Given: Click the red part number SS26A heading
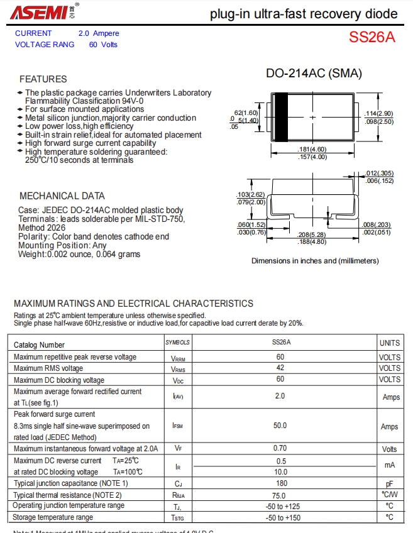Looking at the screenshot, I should (x=372, y=37).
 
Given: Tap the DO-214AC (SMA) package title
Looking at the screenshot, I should (x=314, y=74).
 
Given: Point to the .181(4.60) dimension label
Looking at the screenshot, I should (x=312, y=149).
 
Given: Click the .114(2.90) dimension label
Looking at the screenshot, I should (x=379, y=113).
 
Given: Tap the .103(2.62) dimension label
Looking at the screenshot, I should (x=251, y=194).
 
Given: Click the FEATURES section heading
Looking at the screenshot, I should (x=43, y=79).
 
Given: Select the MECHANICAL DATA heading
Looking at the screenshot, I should (x=62, y=195).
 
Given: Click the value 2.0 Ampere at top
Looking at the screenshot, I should (x=99, y=33).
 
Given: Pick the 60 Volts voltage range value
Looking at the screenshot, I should (x=103, y=45).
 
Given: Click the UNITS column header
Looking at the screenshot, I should (x=389, y=343).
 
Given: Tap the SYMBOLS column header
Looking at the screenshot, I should (x=178, y=343).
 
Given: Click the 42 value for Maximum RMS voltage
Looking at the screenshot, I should (x=280, y=368).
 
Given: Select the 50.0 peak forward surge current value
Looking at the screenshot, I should (x=280, y=426).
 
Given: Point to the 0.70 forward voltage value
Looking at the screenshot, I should (x=280, y=448).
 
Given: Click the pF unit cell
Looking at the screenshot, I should (x=389, y=483).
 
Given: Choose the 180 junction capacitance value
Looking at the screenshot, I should (x=280, y=483).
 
